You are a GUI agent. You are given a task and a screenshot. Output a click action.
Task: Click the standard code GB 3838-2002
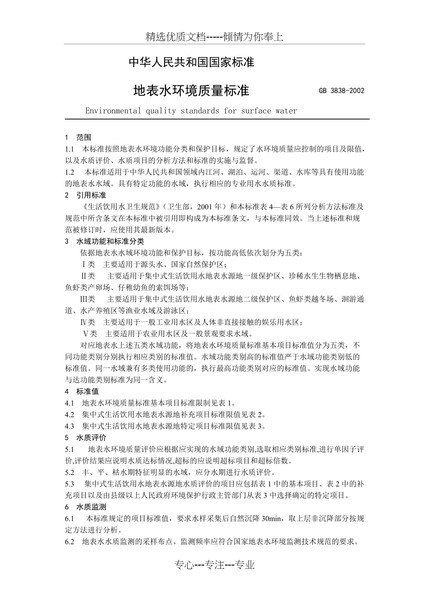[341, 91]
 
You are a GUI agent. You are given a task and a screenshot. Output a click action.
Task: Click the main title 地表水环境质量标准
[191, 90]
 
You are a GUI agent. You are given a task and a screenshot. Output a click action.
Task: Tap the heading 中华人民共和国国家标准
[191, 62]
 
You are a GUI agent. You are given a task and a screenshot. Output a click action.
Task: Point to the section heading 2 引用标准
[85, 194]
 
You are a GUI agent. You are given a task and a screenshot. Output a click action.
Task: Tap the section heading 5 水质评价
[85, 438]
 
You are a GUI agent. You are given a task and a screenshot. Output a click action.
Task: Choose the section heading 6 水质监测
[85, 507]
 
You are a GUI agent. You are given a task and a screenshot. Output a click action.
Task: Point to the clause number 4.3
[70, 426]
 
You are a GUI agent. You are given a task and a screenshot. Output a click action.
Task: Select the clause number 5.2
[70, 472]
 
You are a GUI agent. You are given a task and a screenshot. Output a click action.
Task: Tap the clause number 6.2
[70, 542]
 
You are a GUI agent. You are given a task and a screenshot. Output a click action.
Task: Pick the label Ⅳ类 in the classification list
[88, 322]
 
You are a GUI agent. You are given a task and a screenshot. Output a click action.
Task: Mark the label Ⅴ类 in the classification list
[90, 333]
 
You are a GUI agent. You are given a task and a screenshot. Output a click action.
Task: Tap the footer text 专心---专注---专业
[214, 566]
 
